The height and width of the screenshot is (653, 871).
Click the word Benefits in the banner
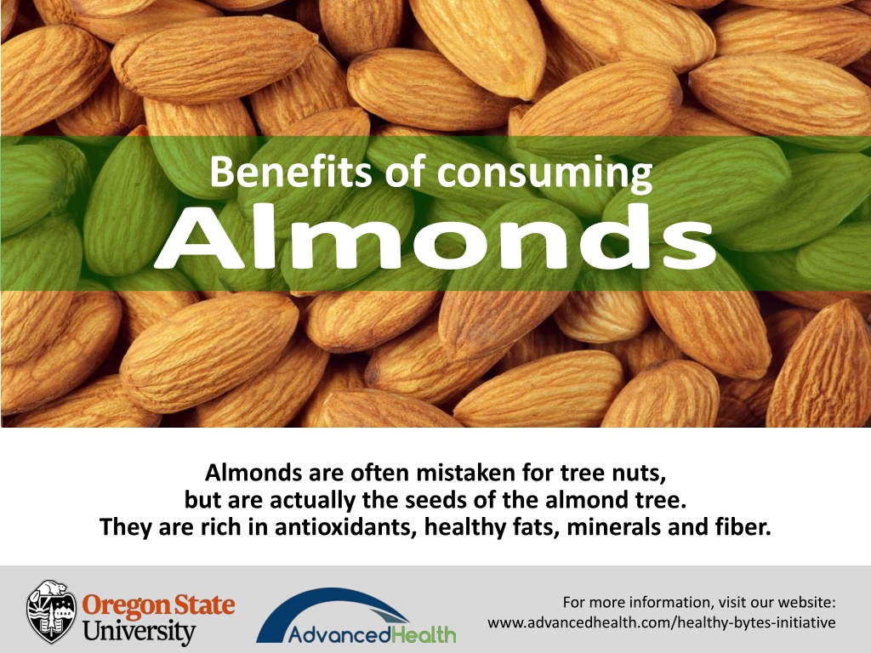291,171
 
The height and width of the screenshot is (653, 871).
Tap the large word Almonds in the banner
435,236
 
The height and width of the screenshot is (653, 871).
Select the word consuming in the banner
544,174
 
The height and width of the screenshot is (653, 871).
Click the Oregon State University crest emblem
52,611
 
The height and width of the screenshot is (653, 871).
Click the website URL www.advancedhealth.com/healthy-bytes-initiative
662,623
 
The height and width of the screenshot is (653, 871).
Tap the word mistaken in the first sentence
467,473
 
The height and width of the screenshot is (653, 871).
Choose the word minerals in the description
614,526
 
